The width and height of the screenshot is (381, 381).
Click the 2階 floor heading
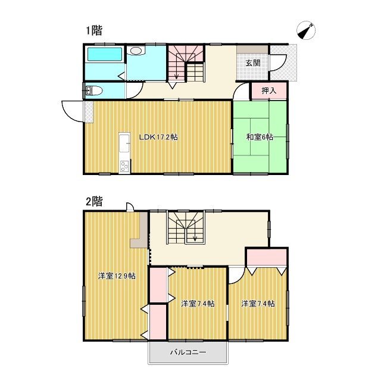pyautogui.click(x=93, y=201)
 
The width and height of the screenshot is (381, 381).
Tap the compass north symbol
pyautogui.click(x=306, y=32)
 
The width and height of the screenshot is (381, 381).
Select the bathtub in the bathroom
pyautogui.click(x=104, y=55)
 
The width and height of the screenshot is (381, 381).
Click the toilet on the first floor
pyautogui.click(x=93, y=90)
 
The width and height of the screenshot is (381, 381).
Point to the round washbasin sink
pyautogui.click(x=136, y=51)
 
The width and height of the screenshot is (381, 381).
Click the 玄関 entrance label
pyautogui.click(x=252, y=63)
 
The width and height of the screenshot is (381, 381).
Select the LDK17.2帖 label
pyautogui.click(x=158, y=138)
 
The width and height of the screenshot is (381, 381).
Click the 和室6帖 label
pyautogui.click(x=260, y=138)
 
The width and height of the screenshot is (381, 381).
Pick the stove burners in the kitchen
pyautogui.click(x=124, y=166)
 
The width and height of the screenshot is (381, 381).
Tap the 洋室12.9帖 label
pyautogui.click(x=116, y=276)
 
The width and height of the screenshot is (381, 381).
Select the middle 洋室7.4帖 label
pyautogui.click(x=198, y=304)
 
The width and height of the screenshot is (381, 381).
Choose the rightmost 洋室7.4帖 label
pyautogui.click(x=258, y=304)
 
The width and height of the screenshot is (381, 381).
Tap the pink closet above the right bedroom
pyautogui.click(x=267, y=257)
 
